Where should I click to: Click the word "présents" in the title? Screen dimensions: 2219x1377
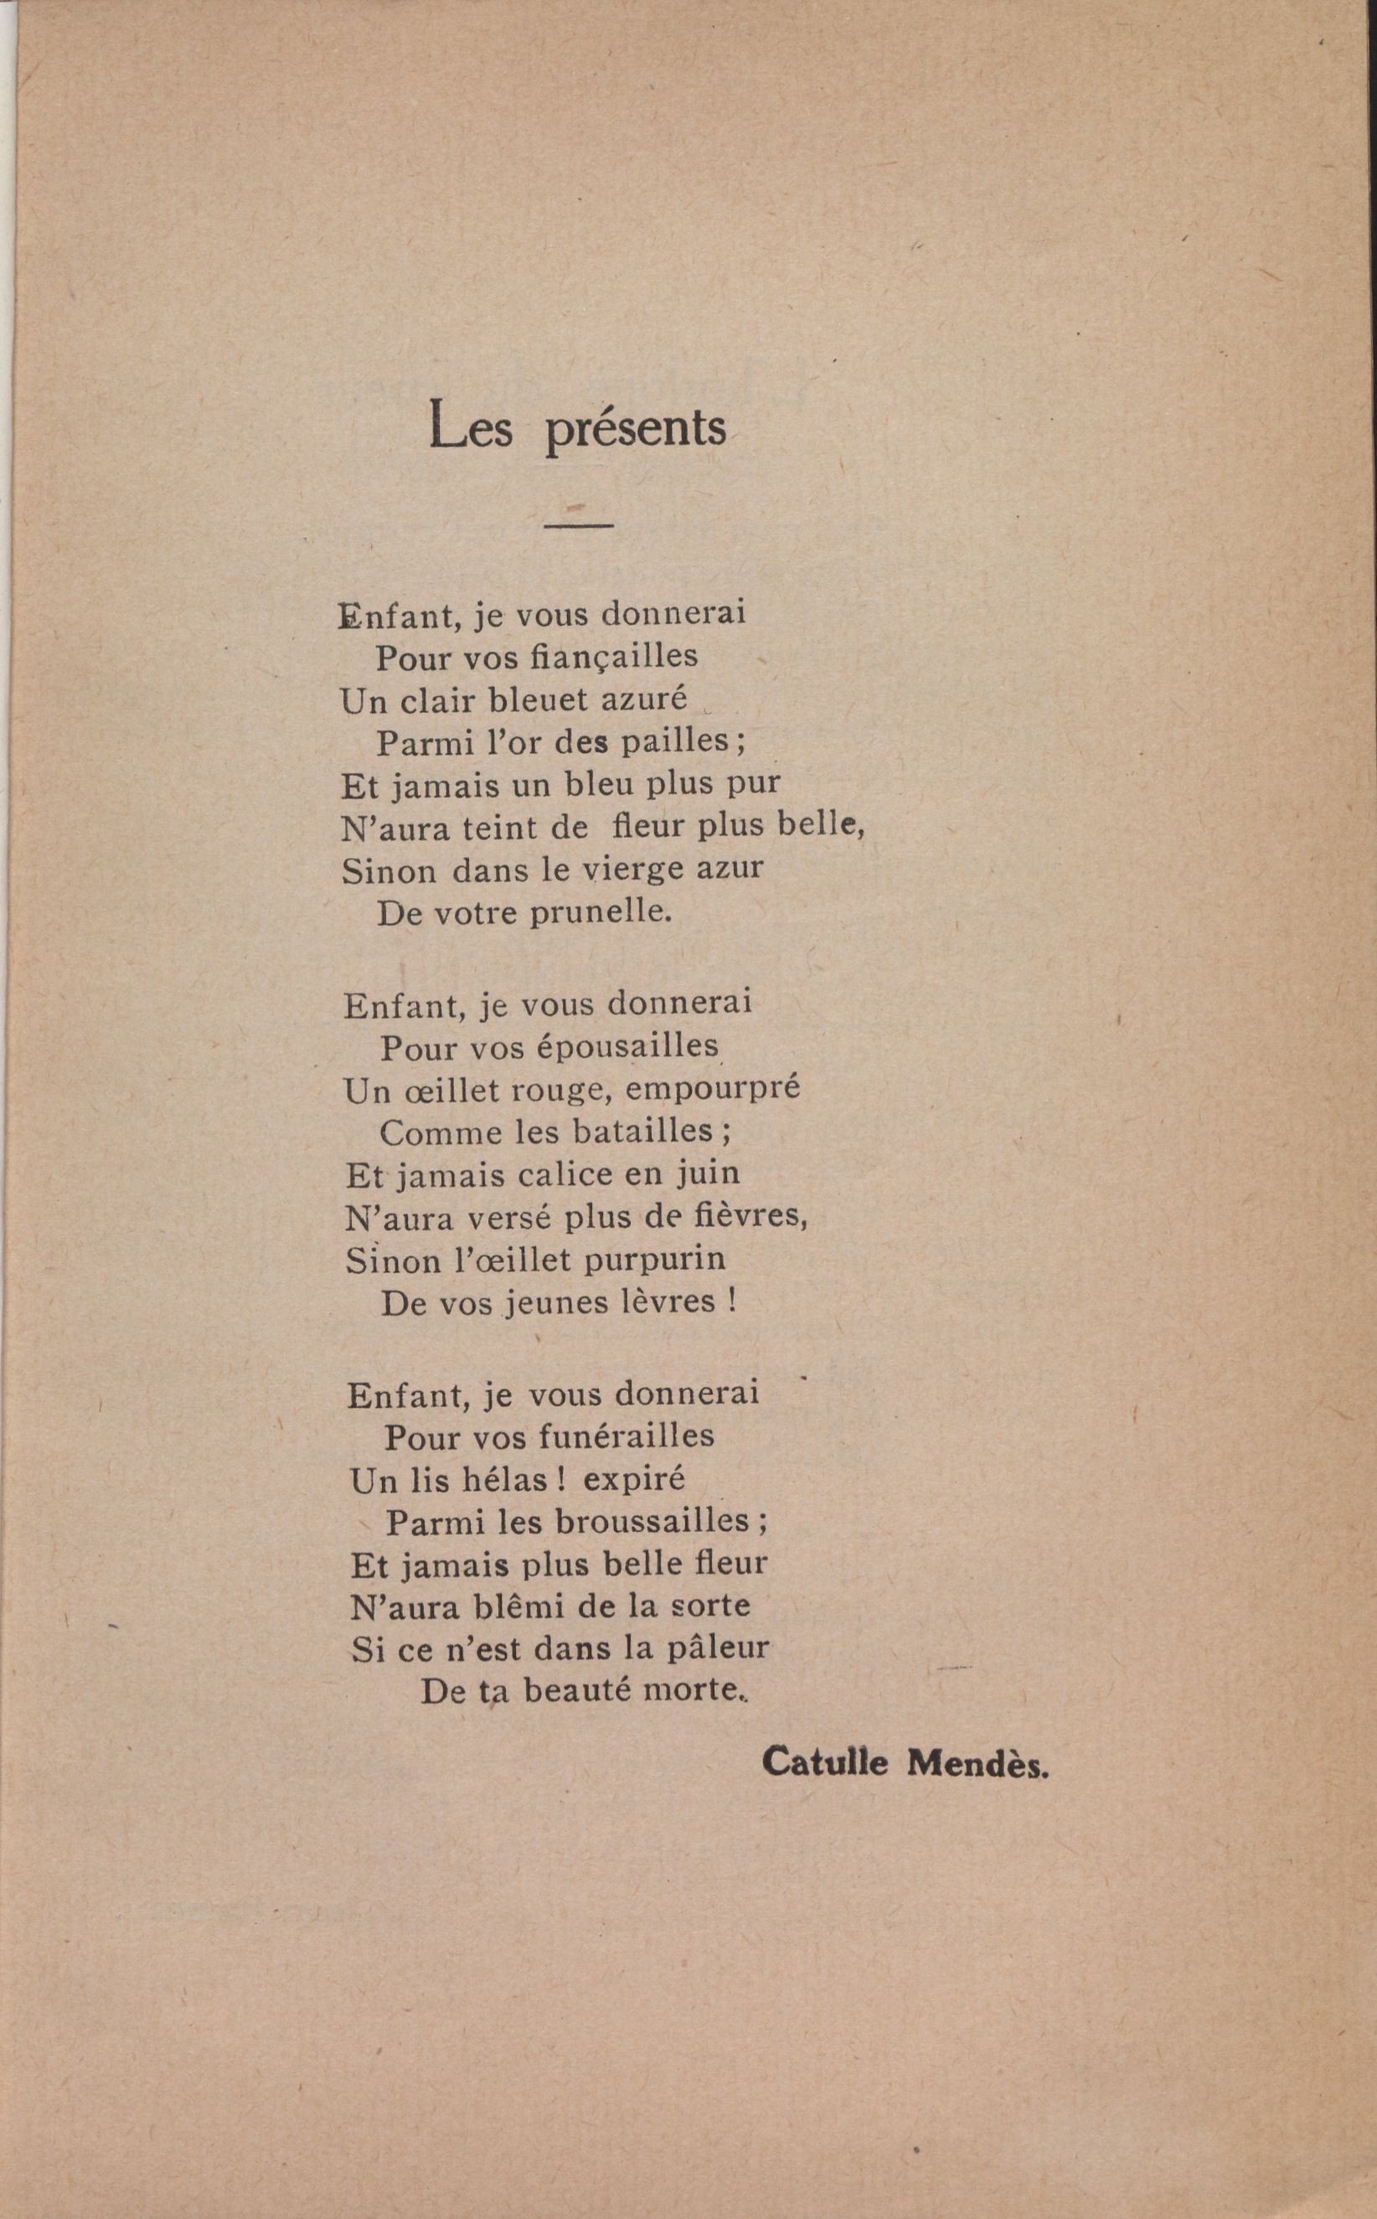(635, 429)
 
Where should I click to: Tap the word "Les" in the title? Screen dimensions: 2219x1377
(471, 426)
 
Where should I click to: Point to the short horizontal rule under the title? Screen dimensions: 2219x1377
(578, 524)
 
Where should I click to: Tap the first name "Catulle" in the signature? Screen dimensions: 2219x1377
(825, 1762)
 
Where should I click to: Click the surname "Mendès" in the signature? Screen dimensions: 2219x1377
(977, 1762)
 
